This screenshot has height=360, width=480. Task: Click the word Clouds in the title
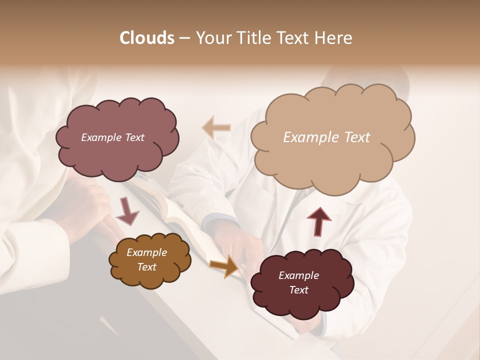coord(146,38)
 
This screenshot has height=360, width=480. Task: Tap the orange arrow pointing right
coord(224,265)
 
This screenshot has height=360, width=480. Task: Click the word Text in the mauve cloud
coord(134,137)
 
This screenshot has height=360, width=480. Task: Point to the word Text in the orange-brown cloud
coord(146,267)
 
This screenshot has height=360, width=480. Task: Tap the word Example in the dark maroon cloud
coord(298,275)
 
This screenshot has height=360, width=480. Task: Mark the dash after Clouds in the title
coord(183,38)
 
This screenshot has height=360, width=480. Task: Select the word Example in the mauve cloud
coord(101,137)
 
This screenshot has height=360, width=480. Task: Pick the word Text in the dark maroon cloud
coord(298,290)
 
